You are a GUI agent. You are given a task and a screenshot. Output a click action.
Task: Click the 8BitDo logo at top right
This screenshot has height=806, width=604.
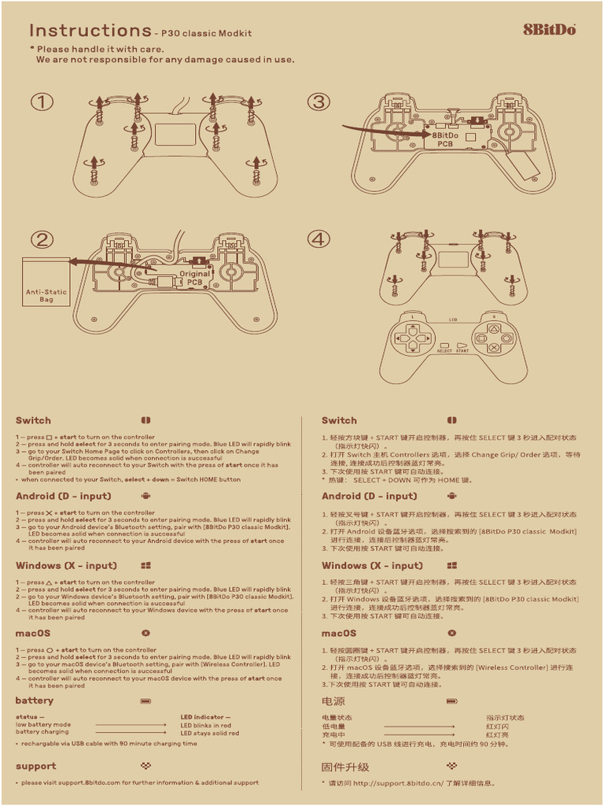[550, 30]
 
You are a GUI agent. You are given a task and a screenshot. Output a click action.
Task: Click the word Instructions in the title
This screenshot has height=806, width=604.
[90, 31]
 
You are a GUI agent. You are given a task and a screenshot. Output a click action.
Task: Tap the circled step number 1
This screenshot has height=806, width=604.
[42, 102]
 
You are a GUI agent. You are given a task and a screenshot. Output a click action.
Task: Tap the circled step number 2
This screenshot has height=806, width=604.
[42, 240]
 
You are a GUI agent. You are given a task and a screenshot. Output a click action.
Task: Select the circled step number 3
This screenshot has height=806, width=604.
[319, 102]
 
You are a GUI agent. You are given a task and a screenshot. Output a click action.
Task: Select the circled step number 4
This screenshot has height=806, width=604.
[319, 238]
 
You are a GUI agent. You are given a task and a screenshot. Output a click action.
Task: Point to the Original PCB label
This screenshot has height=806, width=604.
[194, 278]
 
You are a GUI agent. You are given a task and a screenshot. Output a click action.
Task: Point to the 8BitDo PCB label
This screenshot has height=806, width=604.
[445, 139]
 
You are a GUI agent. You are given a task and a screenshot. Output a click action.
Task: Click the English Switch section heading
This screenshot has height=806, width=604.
[33, 420]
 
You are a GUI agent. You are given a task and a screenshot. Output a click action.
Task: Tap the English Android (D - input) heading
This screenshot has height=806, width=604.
[64, 496]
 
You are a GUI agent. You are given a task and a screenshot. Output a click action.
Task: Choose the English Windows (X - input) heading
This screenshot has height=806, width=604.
[66, 565]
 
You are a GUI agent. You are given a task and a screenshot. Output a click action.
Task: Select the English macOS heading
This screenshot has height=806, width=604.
[33, 633]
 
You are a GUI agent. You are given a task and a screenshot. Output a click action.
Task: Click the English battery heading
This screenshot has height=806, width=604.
[35, 701]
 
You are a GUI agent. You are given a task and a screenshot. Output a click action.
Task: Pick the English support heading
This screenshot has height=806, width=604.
[36, 766]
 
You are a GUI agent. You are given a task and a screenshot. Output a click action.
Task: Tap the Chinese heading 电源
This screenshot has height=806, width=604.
[333, 701]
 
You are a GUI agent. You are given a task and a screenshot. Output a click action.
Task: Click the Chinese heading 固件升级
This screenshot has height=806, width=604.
[344, 767]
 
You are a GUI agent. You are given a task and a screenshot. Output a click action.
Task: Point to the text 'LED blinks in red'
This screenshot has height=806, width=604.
[205, 725]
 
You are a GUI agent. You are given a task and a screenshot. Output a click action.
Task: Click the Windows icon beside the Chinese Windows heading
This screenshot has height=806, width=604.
[452, 565]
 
